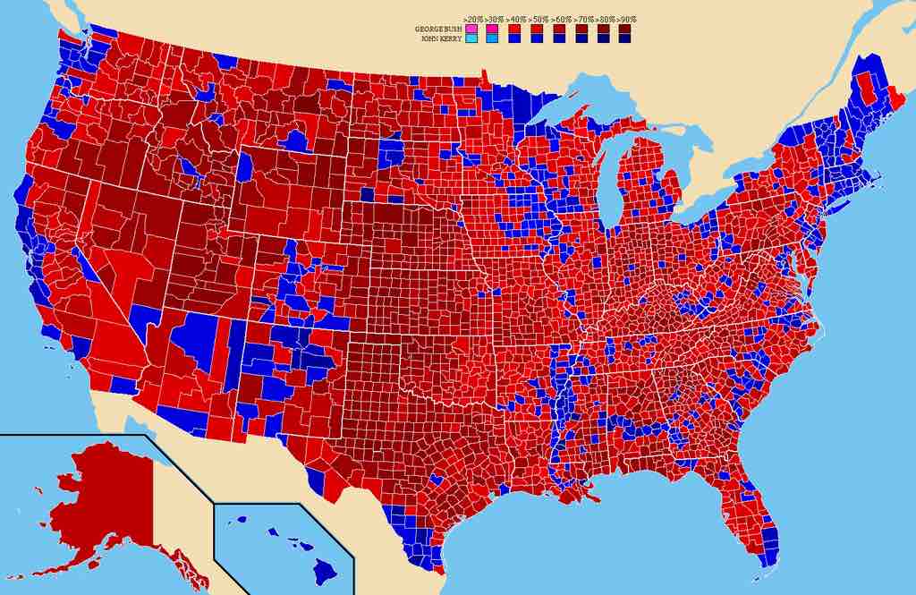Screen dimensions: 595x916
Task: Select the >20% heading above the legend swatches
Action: [471, 19]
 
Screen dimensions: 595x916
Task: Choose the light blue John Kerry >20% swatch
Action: [471, 39]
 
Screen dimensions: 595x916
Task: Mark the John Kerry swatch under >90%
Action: [624, 39]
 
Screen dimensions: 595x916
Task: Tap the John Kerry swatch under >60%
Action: [558, 39]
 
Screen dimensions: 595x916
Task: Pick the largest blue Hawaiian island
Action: [325, 570]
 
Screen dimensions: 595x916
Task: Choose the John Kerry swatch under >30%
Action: [493, 39]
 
